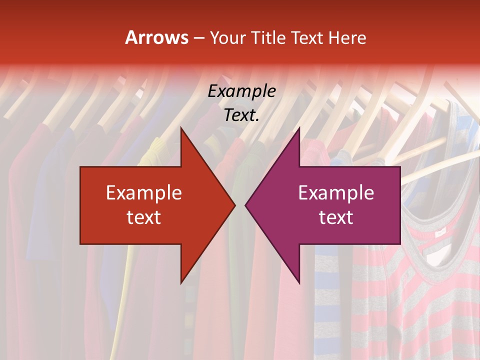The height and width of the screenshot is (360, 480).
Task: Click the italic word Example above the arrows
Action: pos(241,91)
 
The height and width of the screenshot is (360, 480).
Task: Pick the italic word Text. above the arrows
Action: pos(241,115)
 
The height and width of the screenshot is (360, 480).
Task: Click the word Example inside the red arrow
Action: pos(143,193)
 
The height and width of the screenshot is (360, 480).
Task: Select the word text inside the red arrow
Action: pos(143,217)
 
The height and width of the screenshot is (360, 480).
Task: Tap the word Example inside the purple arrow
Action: pos(336,193)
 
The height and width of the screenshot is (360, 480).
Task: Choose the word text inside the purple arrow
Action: pos(336,217)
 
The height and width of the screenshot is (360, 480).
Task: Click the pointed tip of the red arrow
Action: pos(234,205)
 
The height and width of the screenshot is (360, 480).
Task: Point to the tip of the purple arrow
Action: pos(245,205)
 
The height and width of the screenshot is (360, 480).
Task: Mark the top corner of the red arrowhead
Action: pos(181,128)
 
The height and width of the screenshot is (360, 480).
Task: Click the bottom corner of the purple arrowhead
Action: pos(299,283)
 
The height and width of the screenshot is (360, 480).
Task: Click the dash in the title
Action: pos(198,38)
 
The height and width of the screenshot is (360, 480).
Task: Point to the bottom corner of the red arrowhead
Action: pos(181,283)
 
